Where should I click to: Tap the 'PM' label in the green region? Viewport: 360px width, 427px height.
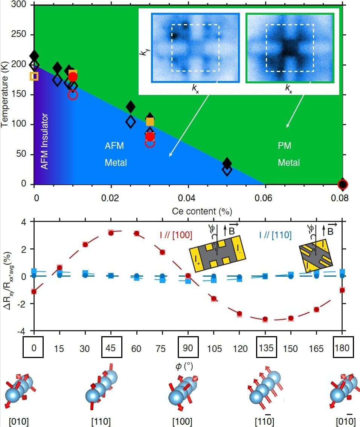click(284, 145)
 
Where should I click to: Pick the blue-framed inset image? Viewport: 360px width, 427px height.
click(195, 47)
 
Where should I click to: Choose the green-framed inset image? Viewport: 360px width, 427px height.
click(290, 47)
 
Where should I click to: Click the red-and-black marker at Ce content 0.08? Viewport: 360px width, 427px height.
click(342, 184)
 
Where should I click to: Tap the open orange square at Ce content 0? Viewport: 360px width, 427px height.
click(34, 76)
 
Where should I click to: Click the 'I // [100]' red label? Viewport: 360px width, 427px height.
click(176, 235)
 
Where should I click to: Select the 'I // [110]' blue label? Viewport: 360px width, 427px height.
click(275, 235)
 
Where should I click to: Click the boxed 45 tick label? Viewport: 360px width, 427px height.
click(111, 347)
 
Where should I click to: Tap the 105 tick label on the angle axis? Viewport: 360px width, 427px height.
click(214, 348)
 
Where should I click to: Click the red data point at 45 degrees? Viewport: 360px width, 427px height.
click(111, 233)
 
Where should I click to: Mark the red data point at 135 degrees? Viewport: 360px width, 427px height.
click(265, 319)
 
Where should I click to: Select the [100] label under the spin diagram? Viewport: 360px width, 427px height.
click(182, 421)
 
